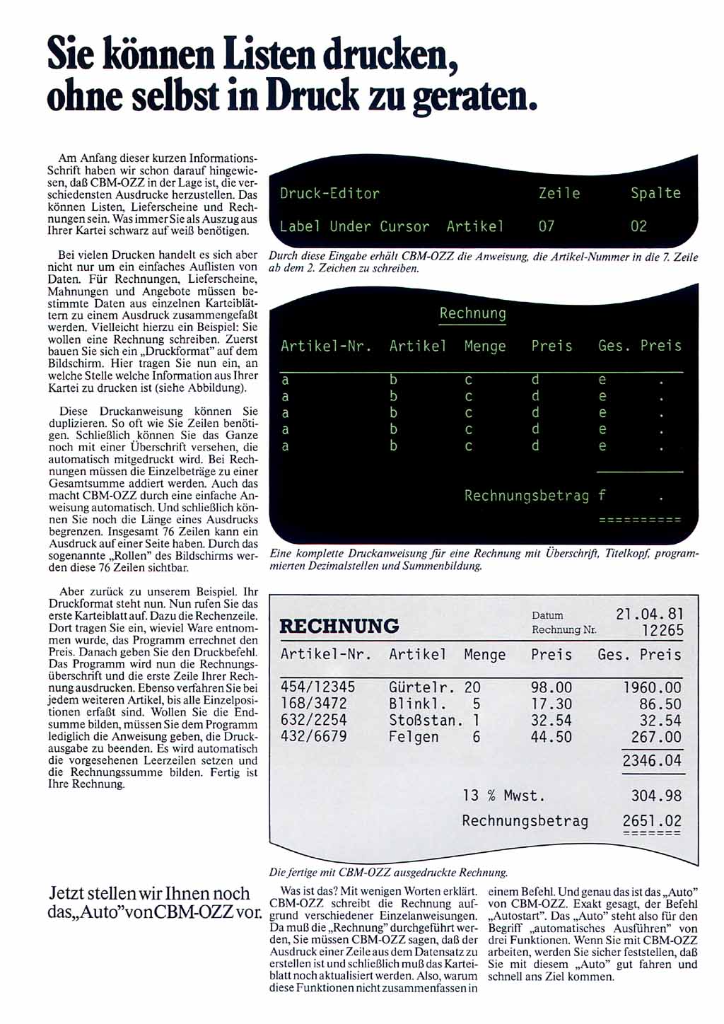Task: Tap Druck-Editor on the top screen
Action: point(329,194)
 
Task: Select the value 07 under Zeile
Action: point(547,226)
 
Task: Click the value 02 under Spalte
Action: point(638,226)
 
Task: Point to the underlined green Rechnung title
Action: point(472,313)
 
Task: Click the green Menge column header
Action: point(485,346)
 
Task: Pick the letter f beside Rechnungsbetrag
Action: point(602,495)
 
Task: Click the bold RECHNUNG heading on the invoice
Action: point(339,627)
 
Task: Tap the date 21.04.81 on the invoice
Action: point(649,614)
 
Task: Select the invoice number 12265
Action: point(662,630)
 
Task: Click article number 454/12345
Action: point(318,687)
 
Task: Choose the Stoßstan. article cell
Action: point(426,721)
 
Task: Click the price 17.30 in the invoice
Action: point(551,704)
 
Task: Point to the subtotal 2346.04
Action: point(652,761)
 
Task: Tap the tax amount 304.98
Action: point(656,796)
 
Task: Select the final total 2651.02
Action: point(652,821)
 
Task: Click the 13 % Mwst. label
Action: point(503,796)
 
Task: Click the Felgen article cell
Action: point(414,737)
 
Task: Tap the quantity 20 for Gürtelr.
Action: point(472,687)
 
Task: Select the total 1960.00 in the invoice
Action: point(652,687)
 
